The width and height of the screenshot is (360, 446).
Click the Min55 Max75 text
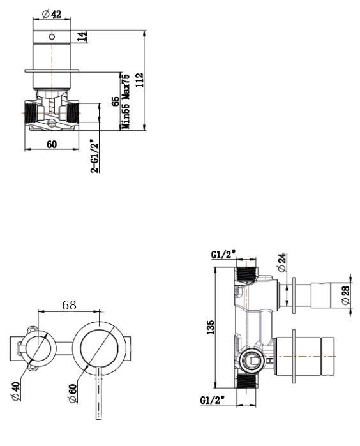[x=126, y=102]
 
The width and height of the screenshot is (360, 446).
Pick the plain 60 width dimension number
[x=51, y=144]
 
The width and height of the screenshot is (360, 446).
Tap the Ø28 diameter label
[x=345, y=295]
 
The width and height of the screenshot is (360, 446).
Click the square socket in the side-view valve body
[x=253, y=360]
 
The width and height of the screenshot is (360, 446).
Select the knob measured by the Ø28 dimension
[x=322, y=295]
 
